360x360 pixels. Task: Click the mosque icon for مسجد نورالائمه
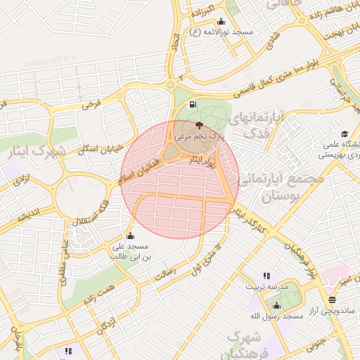[221, 21]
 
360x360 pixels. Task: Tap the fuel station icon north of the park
[193, 105]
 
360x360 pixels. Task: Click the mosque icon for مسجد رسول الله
[276, 305]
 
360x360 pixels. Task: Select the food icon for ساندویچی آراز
[332, 299]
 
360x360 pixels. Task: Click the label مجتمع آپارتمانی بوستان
[288, 186]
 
